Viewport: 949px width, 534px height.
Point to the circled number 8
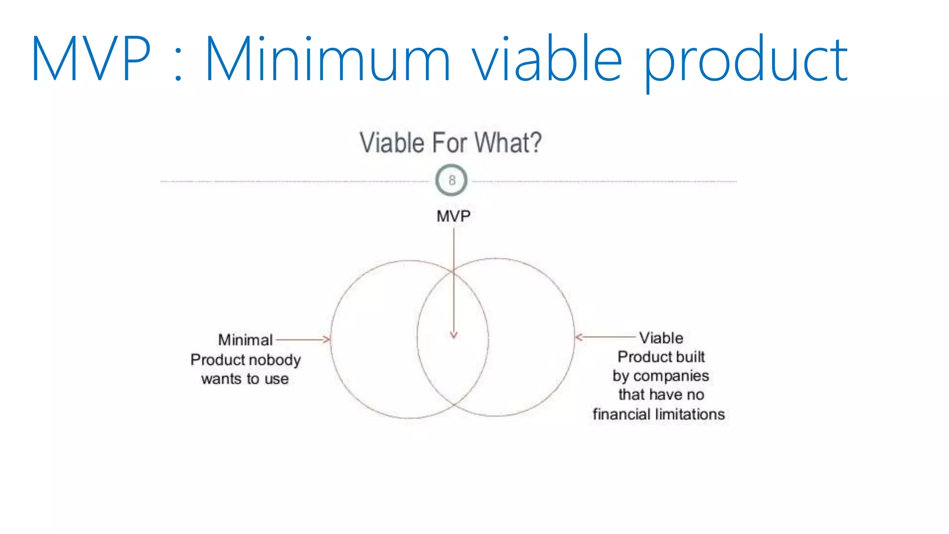(x=452, y=180)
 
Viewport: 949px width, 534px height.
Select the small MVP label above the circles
(x=453, y=216)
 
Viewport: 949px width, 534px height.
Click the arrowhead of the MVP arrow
(x=454, y=335)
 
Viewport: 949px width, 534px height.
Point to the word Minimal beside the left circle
(x=245, y=340)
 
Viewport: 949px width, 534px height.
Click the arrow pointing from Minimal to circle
(x=304, y=340)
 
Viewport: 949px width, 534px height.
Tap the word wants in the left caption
(x=221, y=379)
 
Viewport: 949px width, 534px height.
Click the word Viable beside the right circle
(x=661, y=338)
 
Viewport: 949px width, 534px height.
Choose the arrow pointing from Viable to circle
(x=605, y=337)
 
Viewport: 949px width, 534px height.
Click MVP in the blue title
(x=91, y=59)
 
